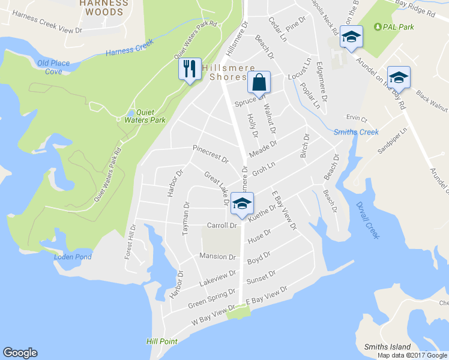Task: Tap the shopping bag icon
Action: point(259,82)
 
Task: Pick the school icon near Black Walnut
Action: point(399,77)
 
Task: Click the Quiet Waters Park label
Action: point(150,116)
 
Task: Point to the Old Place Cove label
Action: point(53,67)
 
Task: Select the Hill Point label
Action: point(161,341)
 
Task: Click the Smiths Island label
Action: point(387,347)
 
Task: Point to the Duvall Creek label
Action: point(368,218)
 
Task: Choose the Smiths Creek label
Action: point(356,132)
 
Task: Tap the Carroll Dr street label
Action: point(222,226)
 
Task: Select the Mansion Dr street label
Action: point(217,257)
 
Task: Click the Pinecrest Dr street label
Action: point(211,154)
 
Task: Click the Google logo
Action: point(20,353)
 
